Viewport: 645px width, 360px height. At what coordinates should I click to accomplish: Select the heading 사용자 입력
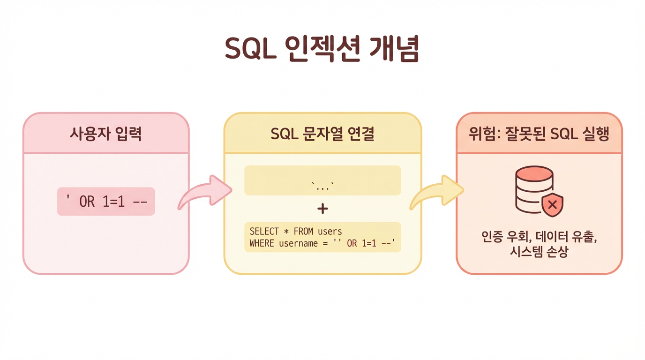point(106,134)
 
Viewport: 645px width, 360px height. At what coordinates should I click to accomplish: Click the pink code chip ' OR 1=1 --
point(106,202)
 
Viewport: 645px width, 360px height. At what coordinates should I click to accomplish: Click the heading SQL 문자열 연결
point(322,134)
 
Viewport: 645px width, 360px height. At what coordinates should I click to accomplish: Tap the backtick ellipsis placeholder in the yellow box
point(322,186)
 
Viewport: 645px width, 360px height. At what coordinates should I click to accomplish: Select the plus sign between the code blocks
point(322,209)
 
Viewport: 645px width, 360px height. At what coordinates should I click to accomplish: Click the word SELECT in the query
point(264,232)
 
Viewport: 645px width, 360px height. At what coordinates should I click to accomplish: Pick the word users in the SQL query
point(330,232)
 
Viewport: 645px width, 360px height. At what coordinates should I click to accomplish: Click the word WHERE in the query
point(262,243)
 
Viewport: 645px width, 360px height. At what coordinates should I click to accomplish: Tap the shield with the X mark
point(552,205)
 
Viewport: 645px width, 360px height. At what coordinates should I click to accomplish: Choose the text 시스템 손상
point(539,253)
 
